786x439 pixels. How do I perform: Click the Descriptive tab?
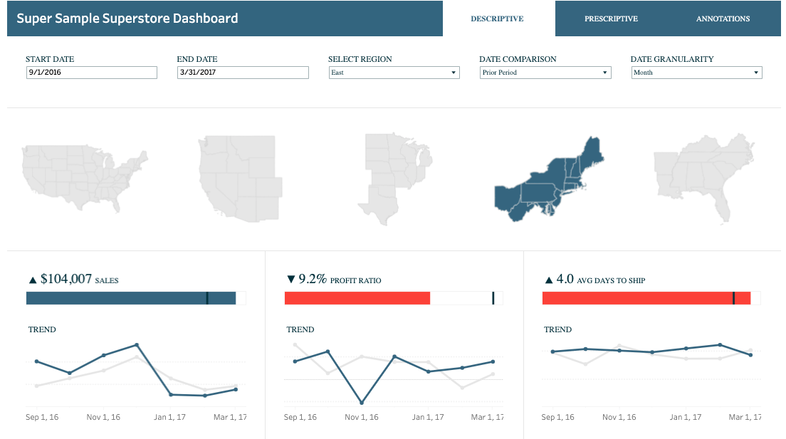497,18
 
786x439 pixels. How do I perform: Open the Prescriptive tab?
611,18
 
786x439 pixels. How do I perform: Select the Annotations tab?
723,18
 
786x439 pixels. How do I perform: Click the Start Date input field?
91,73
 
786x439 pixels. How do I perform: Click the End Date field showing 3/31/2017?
243,73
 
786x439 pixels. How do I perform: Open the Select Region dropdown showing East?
394,73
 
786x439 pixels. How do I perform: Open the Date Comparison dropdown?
545,73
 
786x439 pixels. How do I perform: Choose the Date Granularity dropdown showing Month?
696,73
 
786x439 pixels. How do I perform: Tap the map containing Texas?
395,178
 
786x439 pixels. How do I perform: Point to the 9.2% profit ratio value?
313,280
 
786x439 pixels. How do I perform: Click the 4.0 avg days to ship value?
565,280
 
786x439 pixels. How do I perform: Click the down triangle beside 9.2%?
290,280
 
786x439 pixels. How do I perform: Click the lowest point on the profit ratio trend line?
362,403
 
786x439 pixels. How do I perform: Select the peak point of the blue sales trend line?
137,345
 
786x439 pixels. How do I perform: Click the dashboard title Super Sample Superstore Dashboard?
127,18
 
